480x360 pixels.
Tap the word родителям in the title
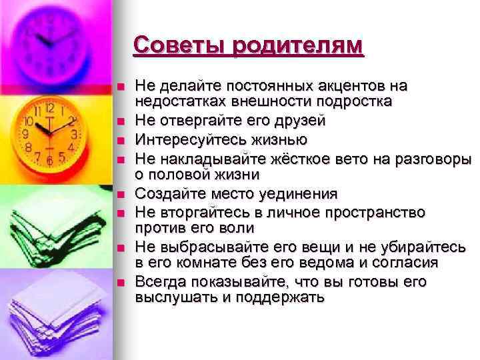tap(297, 47)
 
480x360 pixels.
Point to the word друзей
tap(300, 121)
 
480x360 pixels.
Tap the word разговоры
tap(433, 160)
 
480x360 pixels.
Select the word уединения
tap(299, 195)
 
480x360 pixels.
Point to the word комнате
tap(207, 263)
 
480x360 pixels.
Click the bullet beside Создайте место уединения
tap(121, 195)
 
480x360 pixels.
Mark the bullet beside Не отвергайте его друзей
tap(121, 121)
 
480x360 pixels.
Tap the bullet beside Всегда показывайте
tap(121, 282)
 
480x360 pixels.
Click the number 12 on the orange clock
tap(50, 108)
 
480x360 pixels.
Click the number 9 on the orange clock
tap(26, 134)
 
